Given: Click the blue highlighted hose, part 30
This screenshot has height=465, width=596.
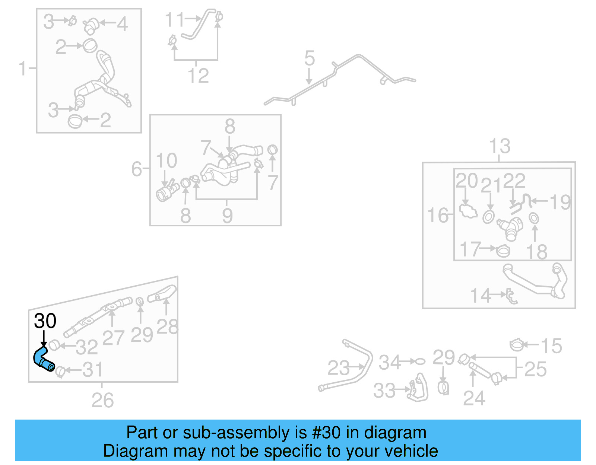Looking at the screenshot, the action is tap(43, 359).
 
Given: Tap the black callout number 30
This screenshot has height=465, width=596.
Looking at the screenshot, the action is tap(45, 321).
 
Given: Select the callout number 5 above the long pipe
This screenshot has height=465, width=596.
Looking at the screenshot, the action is tap(309, 59).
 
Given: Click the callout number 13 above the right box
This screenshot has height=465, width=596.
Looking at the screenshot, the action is tap(500, 146).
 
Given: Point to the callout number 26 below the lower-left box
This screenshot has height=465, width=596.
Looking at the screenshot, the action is tap(102, 401).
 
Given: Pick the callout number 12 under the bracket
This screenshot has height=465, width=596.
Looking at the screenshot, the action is tap(198, 76).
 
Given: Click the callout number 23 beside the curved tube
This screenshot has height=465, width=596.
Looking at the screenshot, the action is tap(339, 368).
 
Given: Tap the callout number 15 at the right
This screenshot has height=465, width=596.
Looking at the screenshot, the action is tap(551, 346).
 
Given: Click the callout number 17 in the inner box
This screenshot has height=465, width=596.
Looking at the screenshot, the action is tap(470, 249).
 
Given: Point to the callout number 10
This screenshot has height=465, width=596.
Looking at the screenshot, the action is tap(166, 161).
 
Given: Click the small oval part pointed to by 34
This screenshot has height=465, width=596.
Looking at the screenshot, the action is tap(420, 361).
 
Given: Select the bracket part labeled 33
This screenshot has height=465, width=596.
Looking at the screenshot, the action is tap(419, 389).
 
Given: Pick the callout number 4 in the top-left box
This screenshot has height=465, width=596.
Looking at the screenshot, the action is tap(122, 24).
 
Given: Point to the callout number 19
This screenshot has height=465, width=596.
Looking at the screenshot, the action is tap(560, 202).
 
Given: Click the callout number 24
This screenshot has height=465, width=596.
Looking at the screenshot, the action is tap(474, 398).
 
